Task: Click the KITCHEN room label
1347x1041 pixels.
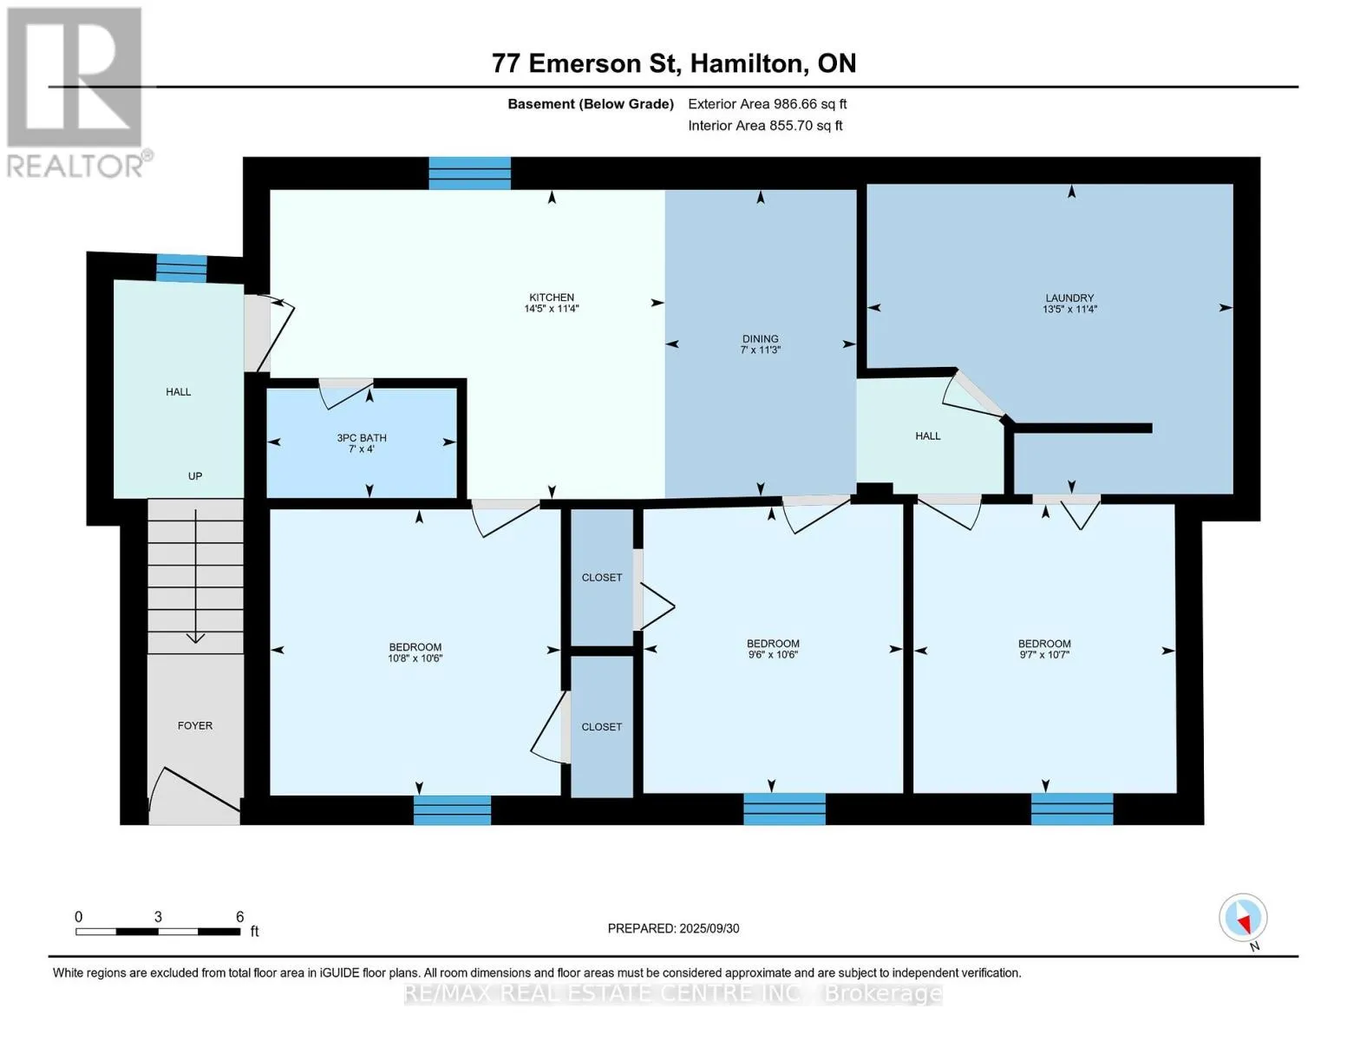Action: [551, 297]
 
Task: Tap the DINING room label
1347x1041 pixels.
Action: [760, 338]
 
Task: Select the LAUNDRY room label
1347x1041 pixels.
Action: [1069, 298]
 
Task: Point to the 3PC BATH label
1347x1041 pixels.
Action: [362, 438]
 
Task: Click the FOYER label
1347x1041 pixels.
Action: [194, 725]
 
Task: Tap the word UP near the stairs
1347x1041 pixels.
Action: [194, 476]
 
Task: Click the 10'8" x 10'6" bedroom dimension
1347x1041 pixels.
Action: [415, 658]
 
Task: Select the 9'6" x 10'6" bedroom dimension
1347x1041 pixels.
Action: [772, 655]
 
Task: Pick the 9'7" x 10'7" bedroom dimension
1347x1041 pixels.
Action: [1044, 655]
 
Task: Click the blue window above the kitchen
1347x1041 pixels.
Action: [470, 173]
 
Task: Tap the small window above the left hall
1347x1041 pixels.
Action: [181, 268]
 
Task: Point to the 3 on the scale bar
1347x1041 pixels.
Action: [158, 917]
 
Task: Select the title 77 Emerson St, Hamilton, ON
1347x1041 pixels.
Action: [674, 63]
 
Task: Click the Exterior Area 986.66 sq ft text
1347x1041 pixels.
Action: [768, 104]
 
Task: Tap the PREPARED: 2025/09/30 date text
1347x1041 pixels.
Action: [673, 928]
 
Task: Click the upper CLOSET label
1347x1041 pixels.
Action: [601, 577]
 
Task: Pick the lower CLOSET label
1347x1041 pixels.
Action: [601, 727]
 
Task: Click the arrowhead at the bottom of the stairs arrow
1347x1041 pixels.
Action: [196, 638]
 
